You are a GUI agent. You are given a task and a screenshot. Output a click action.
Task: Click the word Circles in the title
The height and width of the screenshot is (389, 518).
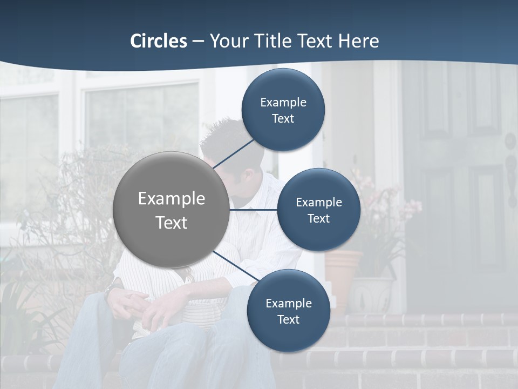pos(159,41)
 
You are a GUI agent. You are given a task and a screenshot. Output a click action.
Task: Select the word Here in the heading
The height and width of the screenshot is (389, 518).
pos(358,41)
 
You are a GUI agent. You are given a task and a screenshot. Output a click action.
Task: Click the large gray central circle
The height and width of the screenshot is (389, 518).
pos(171,210)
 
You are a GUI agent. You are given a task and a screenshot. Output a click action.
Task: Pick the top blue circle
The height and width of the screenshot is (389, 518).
pos(283,110)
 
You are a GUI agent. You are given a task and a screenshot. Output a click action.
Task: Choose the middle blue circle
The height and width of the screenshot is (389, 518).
pos(319,210)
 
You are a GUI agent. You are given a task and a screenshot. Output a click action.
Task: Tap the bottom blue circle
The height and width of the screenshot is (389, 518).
pos(288,311)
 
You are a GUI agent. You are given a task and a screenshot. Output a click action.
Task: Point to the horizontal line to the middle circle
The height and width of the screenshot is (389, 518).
pos(253,210)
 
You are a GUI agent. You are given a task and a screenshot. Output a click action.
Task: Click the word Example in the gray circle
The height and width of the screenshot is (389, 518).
pos(172,198)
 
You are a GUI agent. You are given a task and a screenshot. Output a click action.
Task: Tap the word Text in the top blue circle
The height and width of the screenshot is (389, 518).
pos(283,118)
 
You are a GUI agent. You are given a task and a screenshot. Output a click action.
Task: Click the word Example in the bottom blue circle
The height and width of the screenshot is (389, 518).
pos(289,303)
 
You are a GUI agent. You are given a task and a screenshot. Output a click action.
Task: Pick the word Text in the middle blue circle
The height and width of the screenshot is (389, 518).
pos(319,218)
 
